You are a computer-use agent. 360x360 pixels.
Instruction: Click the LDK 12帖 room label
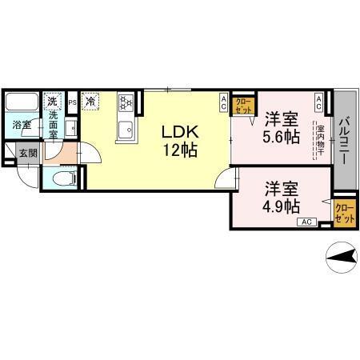(180, 139)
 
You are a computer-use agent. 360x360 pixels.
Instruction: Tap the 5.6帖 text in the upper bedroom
(282, 137)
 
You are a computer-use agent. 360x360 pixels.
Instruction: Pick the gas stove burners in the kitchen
(126, 103)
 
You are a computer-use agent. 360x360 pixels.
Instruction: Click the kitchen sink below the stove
(125, 130)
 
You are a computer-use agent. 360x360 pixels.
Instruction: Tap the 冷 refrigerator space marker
(91, 102)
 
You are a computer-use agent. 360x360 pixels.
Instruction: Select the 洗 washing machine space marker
(52, 102)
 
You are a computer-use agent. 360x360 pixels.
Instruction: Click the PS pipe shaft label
(72, 102)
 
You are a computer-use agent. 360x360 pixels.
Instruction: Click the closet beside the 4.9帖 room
(344, 214)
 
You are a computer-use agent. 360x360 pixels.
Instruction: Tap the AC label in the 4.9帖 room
(308, 222)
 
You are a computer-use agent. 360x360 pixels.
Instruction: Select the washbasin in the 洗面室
(70, 128)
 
